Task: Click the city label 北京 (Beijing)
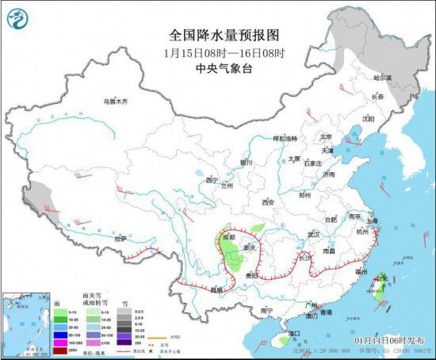tap(324, 136)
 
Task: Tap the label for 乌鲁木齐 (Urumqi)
tap(115, 101)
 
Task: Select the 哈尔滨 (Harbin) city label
tap(382, 78)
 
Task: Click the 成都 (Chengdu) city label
tap(229, 236)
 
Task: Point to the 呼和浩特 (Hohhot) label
tap(284, 138)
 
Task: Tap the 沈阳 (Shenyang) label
tap(368, 119)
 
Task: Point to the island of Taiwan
tap(380, 285)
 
